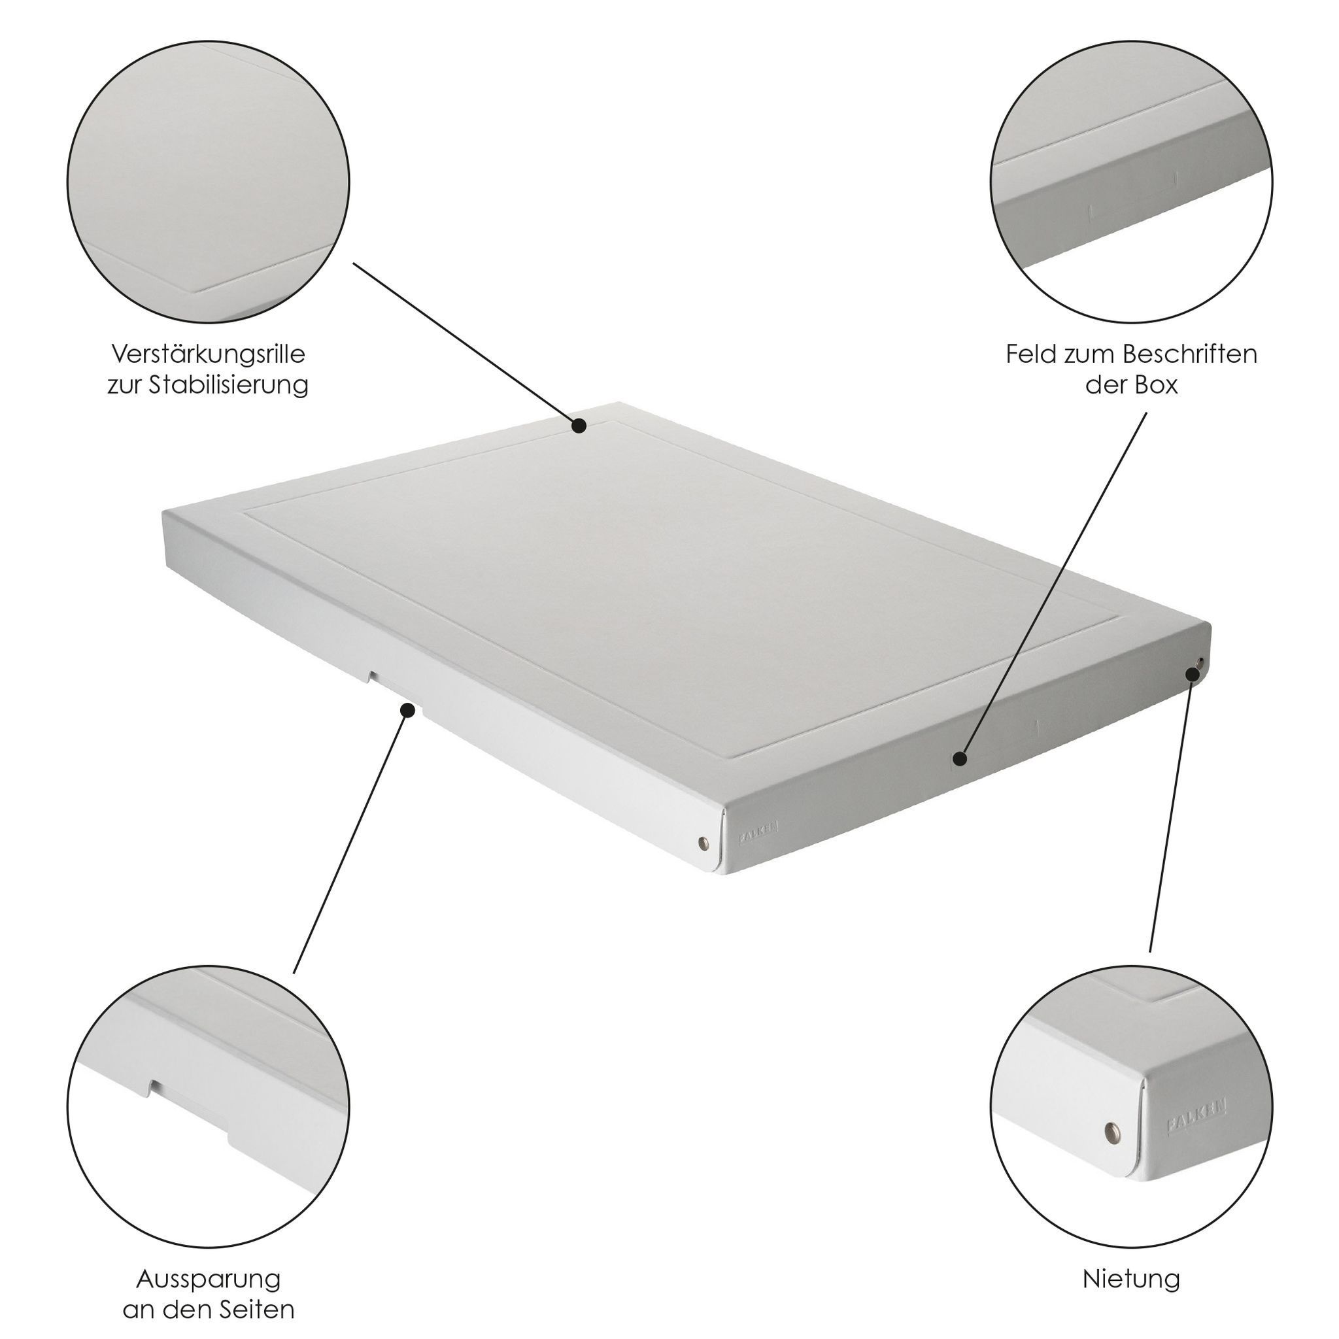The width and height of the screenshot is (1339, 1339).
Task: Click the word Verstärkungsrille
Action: click(208, 354)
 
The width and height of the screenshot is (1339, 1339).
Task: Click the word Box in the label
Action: click(1156, 384)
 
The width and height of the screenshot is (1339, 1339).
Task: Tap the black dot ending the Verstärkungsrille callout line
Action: click(579, 426)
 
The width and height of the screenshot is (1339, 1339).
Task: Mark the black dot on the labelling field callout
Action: click(959, 758)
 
